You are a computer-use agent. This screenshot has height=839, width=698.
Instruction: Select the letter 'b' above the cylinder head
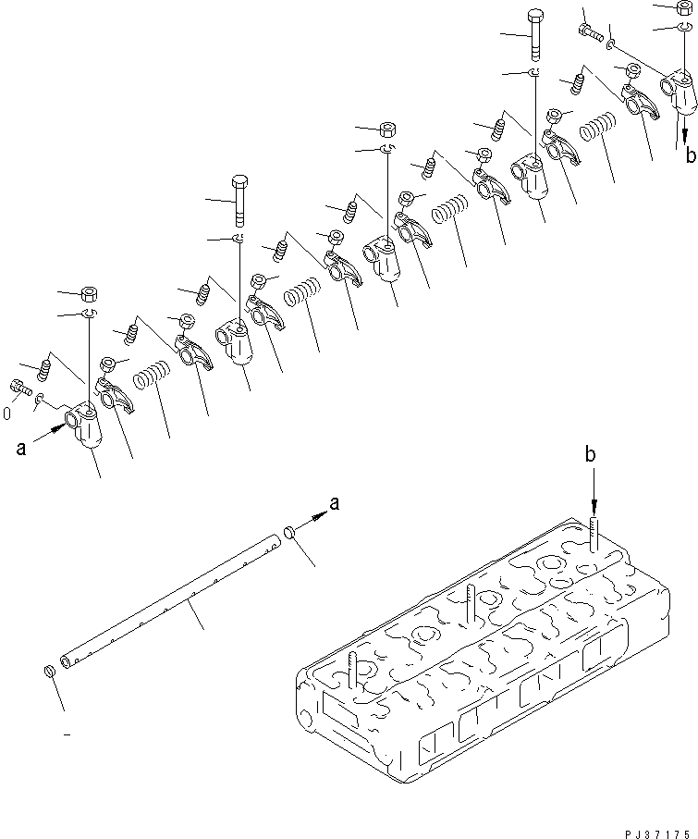click(590, 455)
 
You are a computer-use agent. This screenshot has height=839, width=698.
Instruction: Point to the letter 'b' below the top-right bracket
click(690, 154)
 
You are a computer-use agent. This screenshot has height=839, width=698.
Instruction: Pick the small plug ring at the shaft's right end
click(288, 533)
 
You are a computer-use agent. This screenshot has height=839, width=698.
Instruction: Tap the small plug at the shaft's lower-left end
click(49, 669)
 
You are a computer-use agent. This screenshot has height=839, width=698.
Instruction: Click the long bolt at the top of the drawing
click(535, 33)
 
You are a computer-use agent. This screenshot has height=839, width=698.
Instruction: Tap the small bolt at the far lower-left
click(18, 389)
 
